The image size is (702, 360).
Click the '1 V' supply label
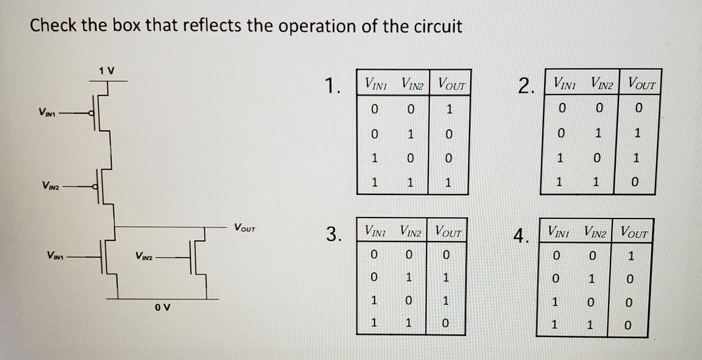click(106, 70)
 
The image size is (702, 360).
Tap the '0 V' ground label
click(162, 307)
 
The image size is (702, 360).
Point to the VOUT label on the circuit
click(245, 228)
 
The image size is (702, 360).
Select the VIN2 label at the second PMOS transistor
click(50, 186)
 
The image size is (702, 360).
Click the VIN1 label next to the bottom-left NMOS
click(55, 255)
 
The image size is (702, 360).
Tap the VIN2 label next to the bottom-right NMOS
click(144, 256)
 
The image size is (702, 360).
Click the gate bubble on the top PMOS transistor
click(93, 113)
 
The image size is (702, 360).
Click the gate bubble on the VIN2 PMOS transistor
click(95, 187)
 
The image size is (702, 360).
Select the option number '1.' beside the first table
click(332, 86)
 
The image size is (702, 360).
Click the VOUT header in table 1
click(452, 85)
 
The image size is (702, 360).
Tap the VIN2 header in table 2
click(602, 84)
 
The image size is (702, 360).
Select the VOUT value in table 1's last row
click(448, 183)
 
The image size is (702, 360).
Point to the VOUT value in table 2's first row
click(638, 108)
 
